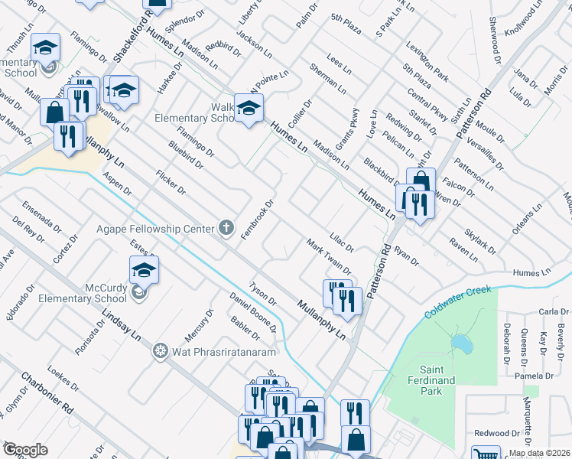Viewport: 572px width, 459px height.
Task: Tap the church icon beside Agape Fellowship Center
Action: coord(226,227)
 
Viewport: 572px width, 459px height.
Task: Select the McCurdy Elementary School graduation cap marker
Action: coord(144,269)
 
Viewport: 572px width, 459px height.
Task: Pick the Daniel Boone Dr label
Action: coord(253,313)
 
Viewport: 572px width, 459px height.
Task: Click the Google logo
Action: coord(25,450)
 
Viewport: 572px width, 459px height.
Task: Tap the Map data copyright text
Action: coord(540,453)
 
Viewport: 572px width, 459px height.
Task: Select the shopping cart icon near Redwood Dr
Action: coord(486,454)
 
